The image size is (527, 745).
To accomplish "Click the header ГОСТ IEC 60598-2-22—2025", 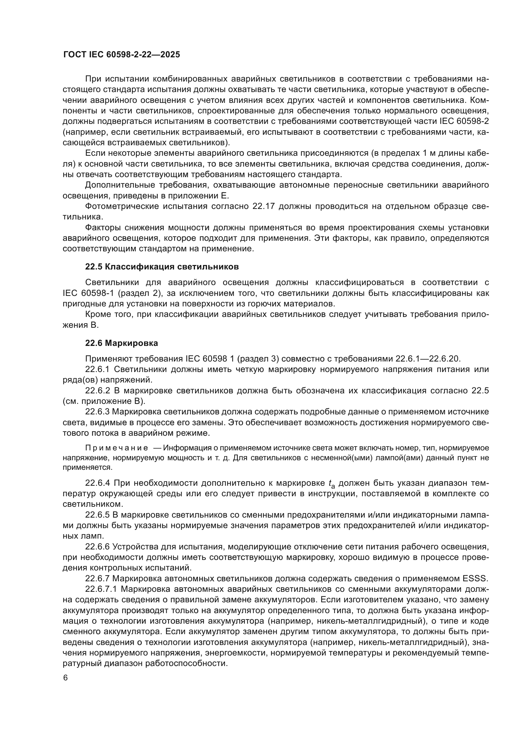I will point(121,54).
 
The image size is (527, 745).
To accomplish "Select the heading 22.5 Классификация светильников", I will point(162,267).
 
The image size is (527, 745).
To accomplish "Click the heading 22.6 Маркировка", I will point(121,343).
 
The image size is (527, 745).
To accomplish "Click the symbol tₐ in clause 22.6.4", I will point(332,484).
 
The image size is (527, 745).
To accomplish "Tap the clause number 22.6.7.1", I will point(101,589).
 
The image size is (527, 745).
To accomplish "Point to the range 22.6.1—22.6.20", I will point(428,359).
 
